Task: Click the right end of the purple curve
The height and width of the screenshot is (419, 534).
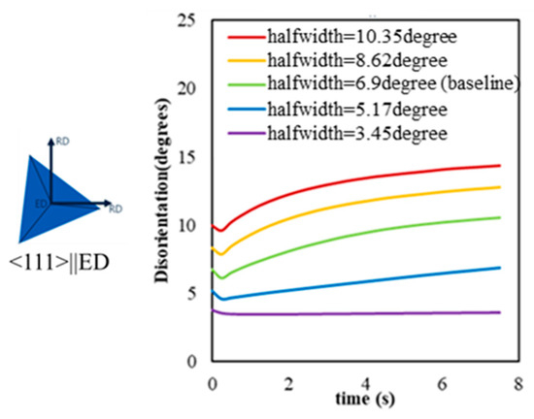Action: tap(499, 312)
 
